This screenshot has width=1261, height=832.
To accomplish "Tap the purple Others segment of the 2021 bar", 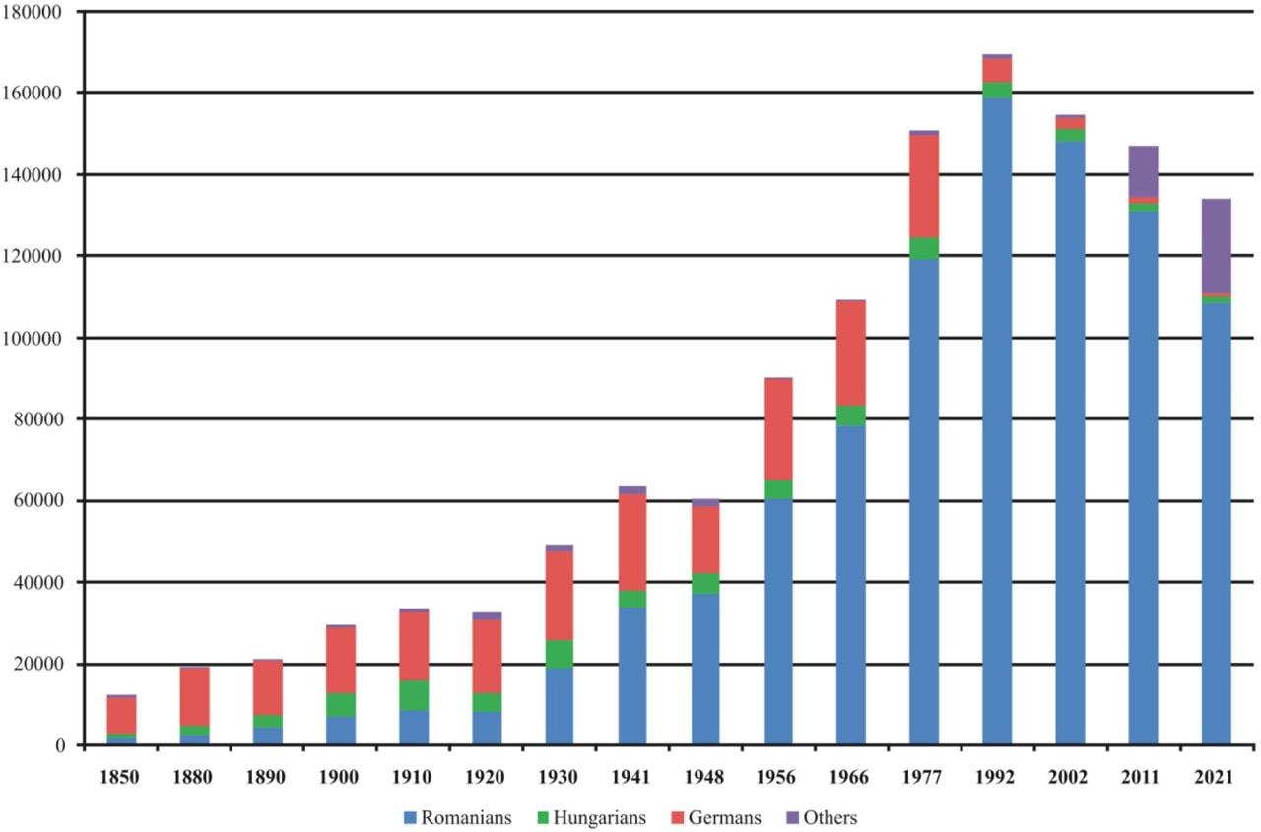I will pyautogui.click(x=1216, y=246).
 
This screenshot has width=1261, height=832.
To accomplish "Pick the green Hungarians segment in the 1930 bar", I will pyautogui.click(x=559, y=654).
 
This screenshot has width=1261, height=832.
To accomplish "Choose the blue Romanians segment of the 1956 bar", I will pyautogui.click(x=778, y=621).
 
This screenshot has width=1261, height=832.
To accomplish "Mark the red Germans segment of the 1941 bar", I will pyautogui.click(x=631, y=542).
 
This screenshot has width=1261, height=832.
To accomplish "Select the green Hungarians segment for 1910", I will pyautogui.click(x=413, y=694).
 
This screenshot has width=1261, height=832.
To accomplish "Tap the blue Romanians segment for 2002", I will pyautogui.click(x=1070, y=443).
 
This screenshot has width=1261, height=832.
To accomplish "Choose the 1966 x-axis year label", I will pyautogui.click(x=850, y=778).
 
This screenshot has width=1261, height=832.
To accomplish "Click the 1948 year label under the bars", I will pyautogui.click(x=704, y=778).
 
